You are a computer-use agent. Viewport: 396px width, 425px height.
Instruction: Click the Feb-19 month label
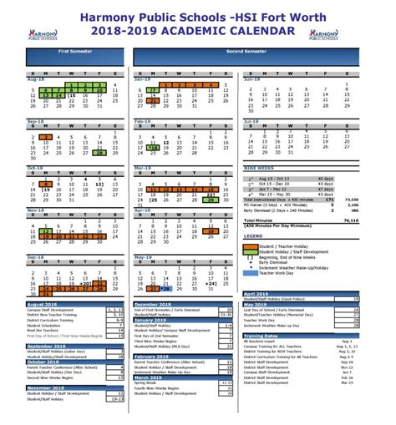(140, 121)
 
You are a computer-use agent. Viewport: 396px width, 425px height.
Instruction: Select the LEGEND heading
(252, 236)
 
